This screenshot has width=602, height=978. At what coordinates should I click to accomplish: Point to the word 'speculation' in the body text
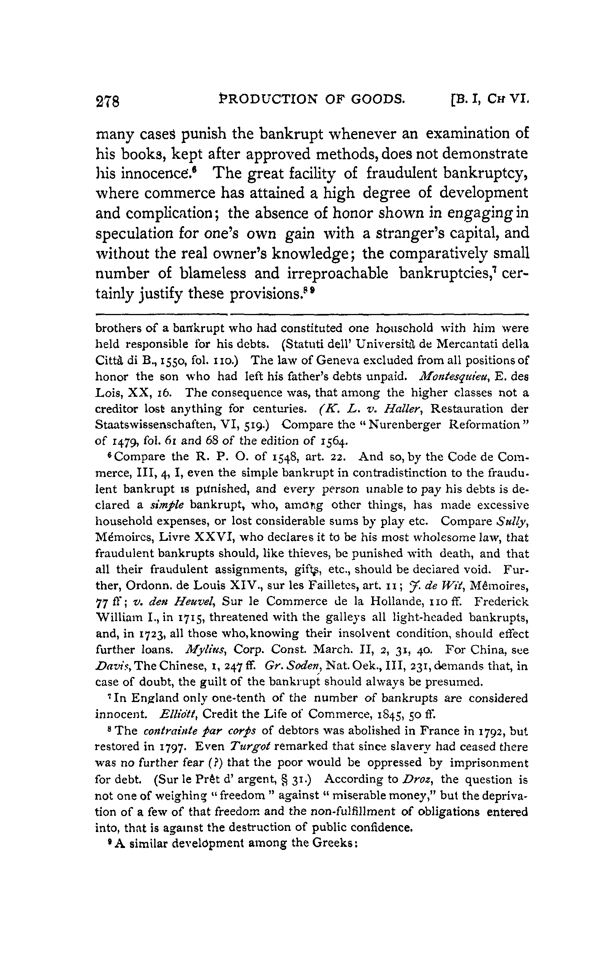(x=134, y=234)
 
